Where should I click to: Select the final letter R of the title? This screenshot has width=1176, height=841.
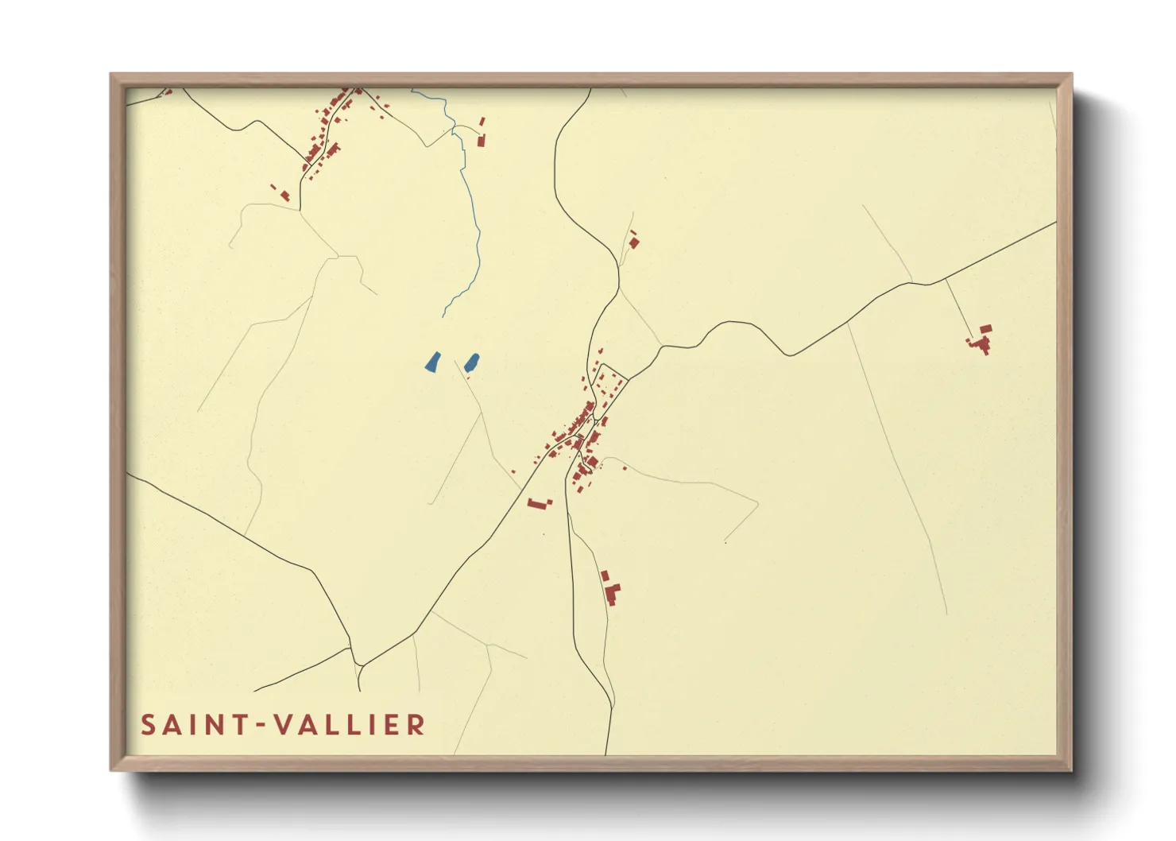click(x=417, y=725)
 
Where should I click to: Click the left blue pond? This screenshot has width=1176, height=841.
click(x=433, y=362)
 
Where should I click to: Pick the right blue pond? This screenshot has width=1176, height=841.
click(x=472, y=362)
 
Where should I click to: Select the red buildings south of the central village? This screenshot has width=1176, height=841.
click(x=610, y=588)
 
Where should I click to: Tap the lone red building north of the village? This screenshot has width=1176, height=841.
click(x=633, y=240)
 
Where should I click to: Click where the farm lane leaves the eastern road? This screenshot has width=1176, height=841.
click(x=945, y=280)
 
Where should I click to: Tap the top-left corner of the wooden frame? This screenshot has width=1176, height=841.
click(x=111, y=74)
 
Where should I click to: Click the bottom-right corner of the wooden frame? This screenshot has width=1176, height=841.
click(x=1071, y=769)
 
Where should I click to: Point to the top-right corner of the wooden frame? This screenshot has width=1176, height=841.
click(x=1071, y=74)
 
